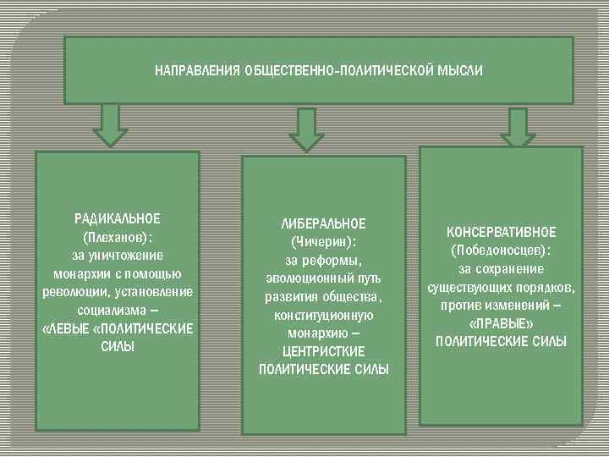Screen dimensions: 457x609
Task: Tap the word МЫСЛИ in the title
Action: click(x=462, y=71)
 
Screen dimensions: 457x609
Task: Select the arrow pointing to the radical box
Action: click(x=110, y=124)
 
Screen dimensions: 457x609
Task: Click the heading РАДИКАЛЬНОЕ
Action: click(x=118, y=218)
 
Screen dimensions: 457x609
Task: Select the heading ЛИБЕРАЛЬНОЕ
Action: click(x=323, y=223)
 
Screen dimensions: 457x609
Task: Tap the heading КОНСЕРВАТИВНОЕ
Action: click(x=502, y=232)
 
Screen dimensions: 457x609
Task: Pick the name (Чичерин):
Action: click(x=323, y=242)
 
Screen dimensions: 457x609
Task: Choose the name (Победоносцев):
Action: click(x=502, y=251)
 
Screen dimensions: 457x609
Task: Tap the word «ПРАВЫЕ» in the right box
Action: click(x=502, y=323)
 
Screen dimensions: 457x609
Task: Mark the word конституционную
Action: click(x=323, y=315)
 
